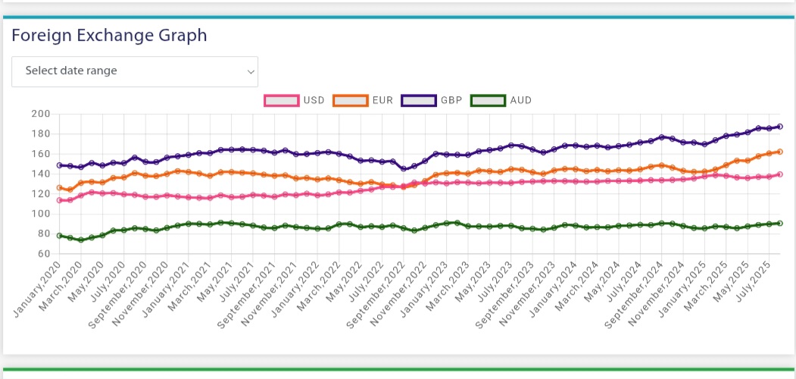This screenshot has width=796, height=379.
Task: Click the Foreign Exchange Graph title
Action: point(109,35)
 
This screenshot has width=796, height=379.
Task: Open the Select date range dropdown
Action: point(135,71)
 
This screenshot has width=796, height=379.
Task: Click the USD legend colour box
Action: point(282,100)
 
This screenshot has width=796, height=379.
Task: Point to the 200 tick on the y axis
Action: point(40,114)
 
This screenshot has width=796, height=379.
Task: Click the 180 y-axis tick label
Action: point(40,134)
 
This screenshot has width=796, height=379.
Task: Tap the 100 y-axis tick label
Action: point(40,214)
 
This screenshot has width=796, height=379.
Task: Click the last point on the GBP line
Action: point(779,127)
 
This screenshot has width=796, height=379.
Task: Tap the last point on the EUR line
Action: point(779,152)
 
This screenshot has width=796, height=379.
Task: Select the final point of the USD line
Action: point(779,174)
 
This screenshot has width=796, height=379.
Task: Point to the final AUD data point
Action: point(779,223)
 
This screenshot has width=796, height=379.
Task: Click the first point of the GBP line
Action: point(59,165)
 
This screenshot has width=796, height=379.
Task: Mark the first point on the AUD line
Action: point(59,236)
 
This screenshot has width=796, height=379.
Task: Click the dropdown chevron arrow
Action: point(251,71)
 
